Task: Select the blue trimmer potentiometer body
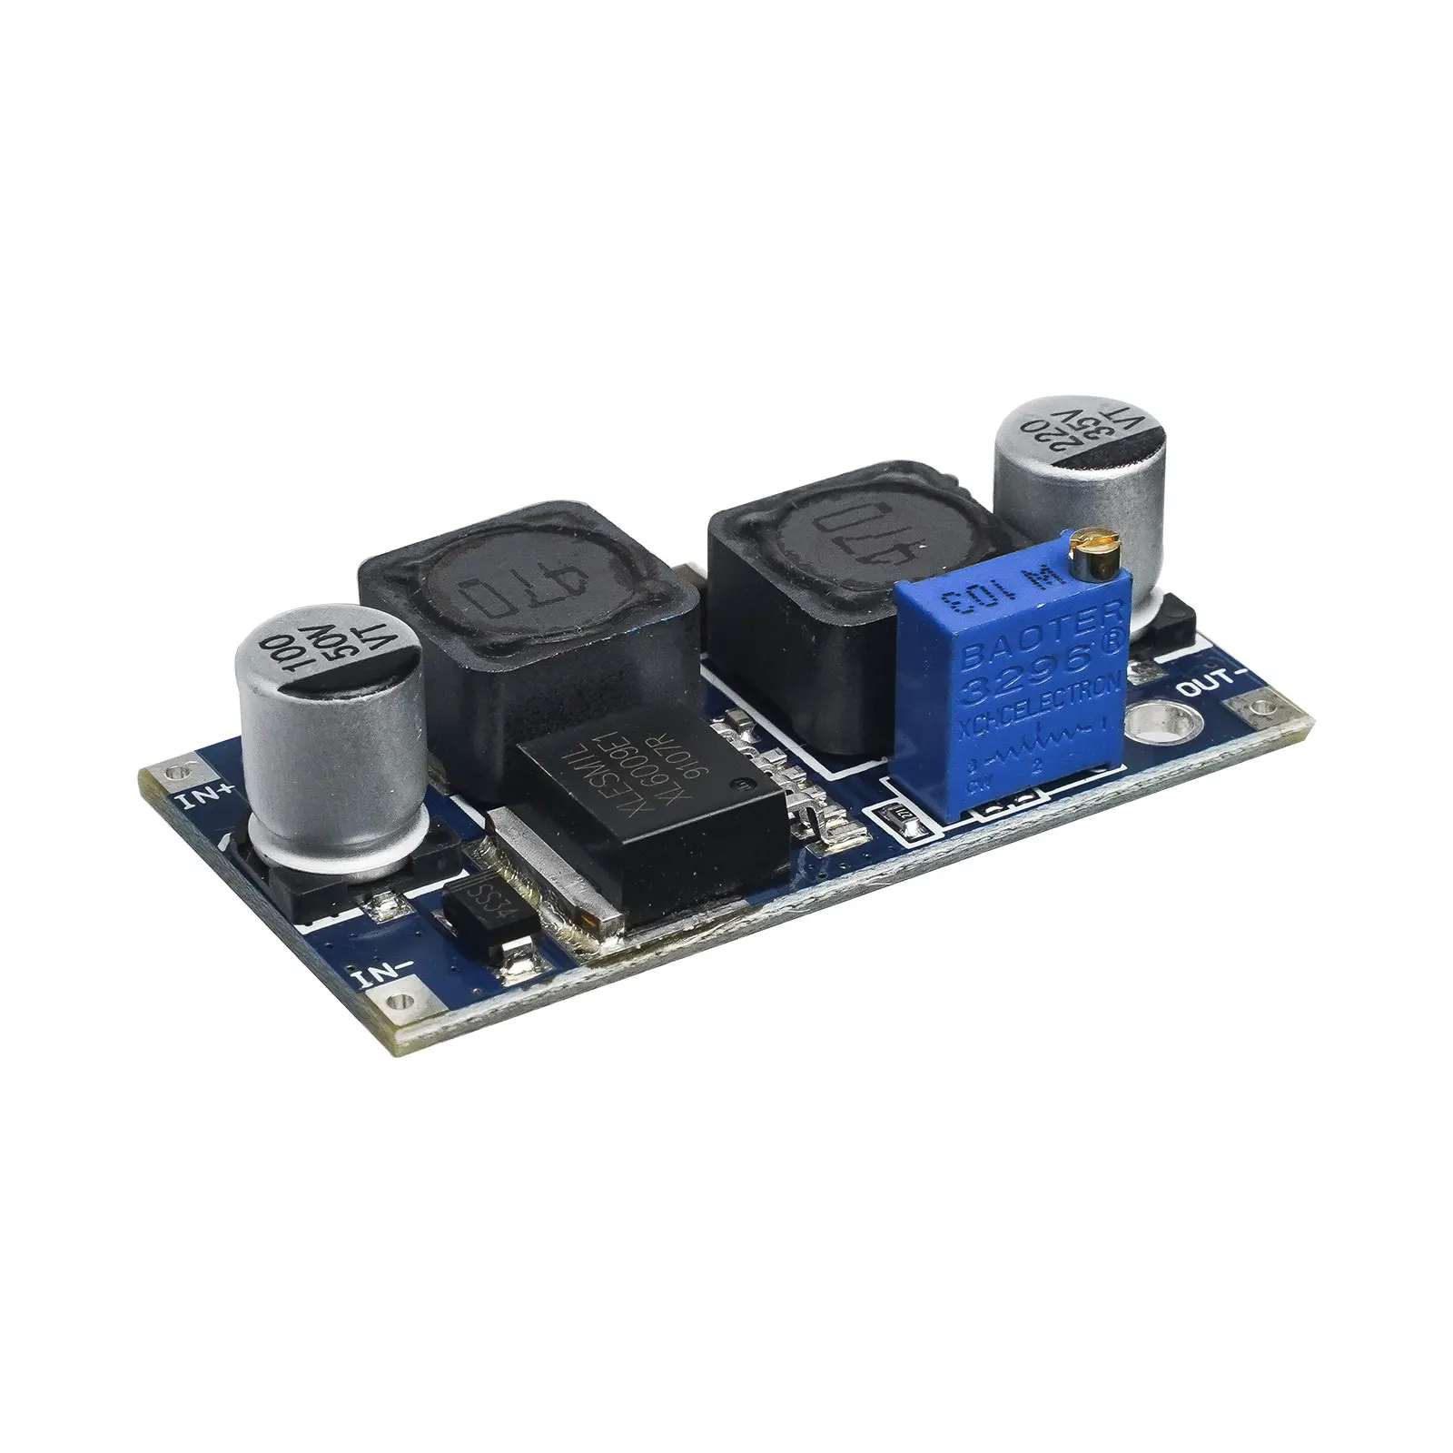pos(1009,690)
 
